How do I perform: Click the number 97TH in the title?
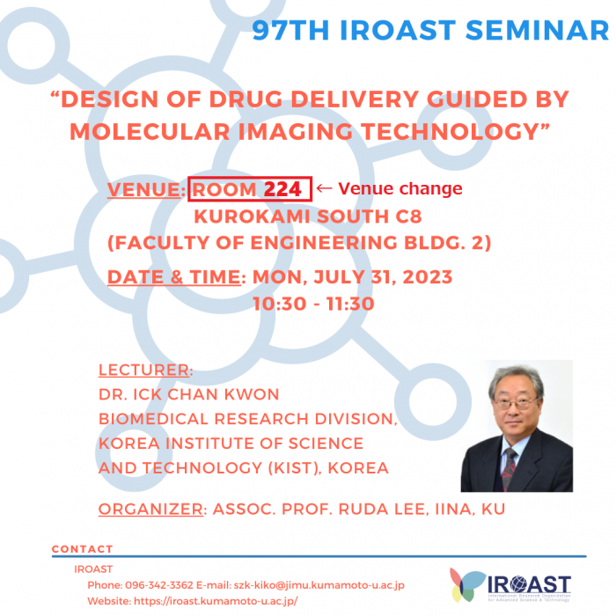click(290, 30)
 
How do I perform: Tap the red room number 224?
click(282, 189)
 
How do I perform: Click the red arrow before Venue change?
click(324, 188)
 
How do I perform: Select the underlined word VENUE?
click(143, 190)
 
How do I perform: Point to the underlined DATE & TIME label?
click(174, 277)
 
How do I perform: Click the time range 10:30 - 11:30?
click(313, 304)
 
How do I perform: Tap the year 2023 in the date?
click(428, 277)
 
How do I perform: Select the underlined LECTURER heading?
click(143, 370)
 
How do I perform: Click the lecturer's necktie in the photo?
click(509, 468)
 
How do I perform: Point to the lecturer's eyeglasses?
click(514, 403)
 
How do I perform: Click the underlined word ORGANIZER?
click(150, 510)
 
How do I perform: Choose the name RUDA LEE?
click(381, 510)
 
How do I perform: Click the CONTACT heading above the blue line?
click(83, 549)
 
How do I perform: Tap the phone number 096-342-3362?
click(159, 585)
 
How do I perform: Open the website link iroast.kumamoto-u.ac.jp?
click(216, 601)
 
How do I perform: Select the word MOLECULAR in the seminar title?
click(150, 131)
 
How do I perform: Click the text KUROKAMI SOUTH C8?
click(308, 216)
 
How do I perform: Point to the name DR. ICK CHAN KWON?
click(188, 394)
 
